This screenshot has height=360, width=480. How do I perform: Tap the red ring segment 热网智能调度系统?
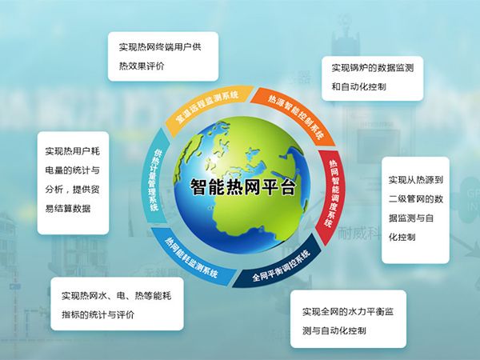[335, 189]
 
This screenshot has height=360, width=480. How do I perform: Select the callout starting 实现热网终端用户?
[163, 57]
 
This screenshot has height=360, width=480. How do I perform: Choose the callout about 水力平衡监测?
[349, 320]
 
